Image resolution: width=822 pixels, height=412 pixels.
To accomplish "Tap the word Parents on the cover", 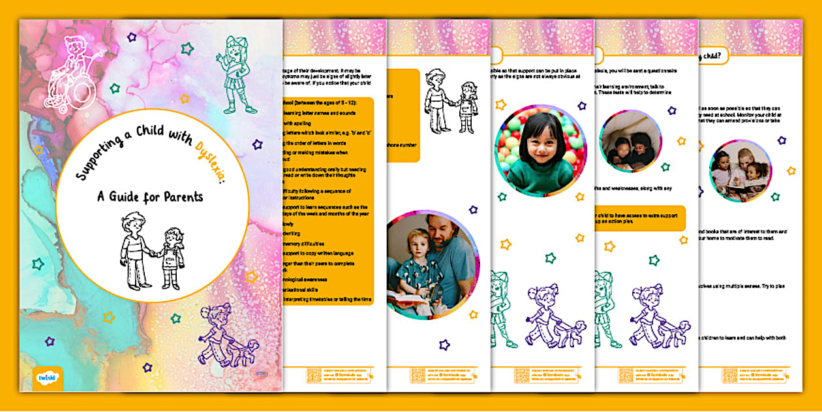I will [181, 196].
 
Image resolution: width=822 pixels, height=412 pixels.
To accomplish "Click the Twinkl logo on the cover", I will [46, 378].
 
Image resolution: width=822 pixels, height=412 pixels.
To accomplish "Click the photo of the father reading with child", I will [432, 264].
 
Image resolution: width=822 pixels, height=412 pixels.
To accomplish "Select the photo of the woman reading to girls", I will [740, 170].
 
